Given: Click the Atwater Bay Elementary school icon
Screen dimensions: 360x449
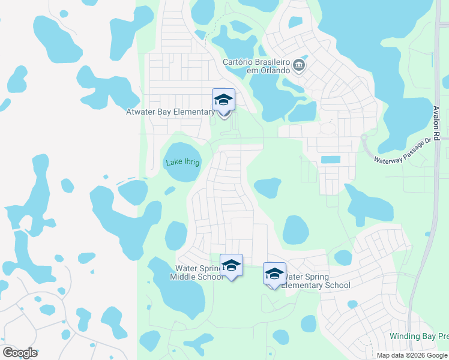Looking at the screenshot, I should [223, 101].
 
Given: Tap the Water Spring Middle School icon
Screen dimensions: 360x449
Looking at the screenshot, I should [231, 265].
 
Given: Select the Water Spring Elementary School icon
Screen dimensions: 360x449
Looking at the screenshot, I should [274, 274].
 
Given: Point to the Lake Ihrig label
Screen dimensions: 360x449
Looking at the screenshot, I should [182, 162].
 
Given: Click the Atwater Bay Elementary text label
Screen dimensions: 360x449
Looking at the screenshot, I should [170, 112].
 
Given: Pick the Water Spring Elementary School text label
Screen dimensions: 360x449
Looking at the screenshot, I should [316, 281].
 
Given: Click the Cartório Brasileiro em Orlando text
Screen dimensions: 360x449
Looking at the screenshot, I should [256, 67].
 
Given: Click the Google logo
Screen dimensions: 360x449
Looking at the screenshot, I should [20, 353].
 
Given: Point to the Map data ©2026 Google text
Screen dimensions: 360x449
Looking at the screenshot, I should [412, 355].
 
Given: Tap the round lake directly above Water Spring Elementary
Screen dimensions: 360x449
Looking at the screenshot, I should [295, 230].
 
